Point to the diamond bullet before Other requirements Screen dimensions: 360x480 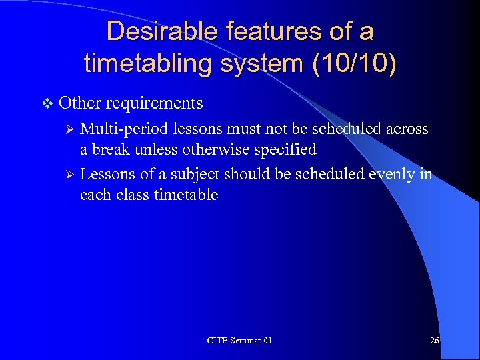click(x=46, y=103)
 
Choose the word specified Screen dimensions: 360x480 click(x=283, y=149)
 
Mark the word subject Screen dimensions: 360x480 click(x=197, y=175)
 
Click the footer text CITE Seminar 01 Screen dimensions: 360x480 click(x=239, y=341)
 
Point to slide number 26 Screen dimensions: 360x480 click(x=434, y=341)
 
